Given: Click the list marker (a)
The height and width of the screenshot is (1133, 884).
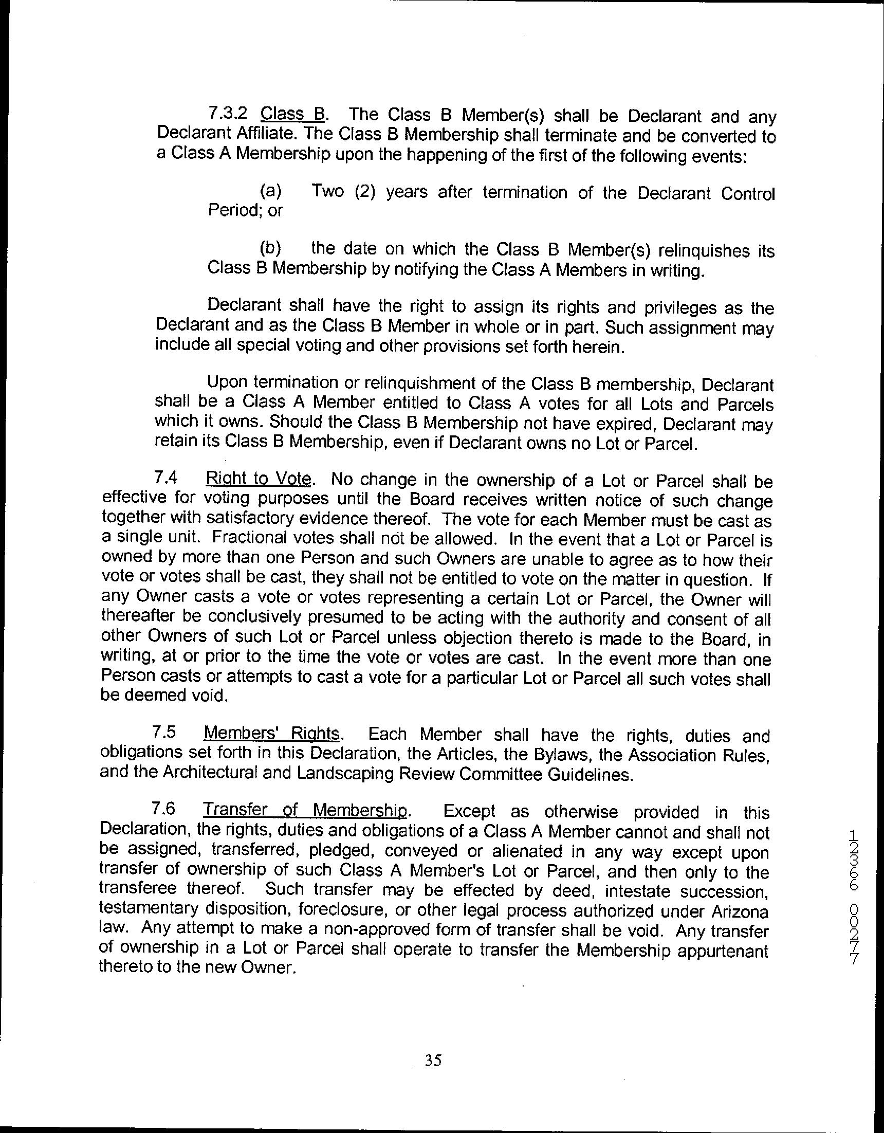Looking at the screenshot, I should point(271,191).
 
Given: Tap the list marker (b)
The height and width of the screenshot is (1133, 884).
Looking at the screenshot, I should point(271,248).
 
